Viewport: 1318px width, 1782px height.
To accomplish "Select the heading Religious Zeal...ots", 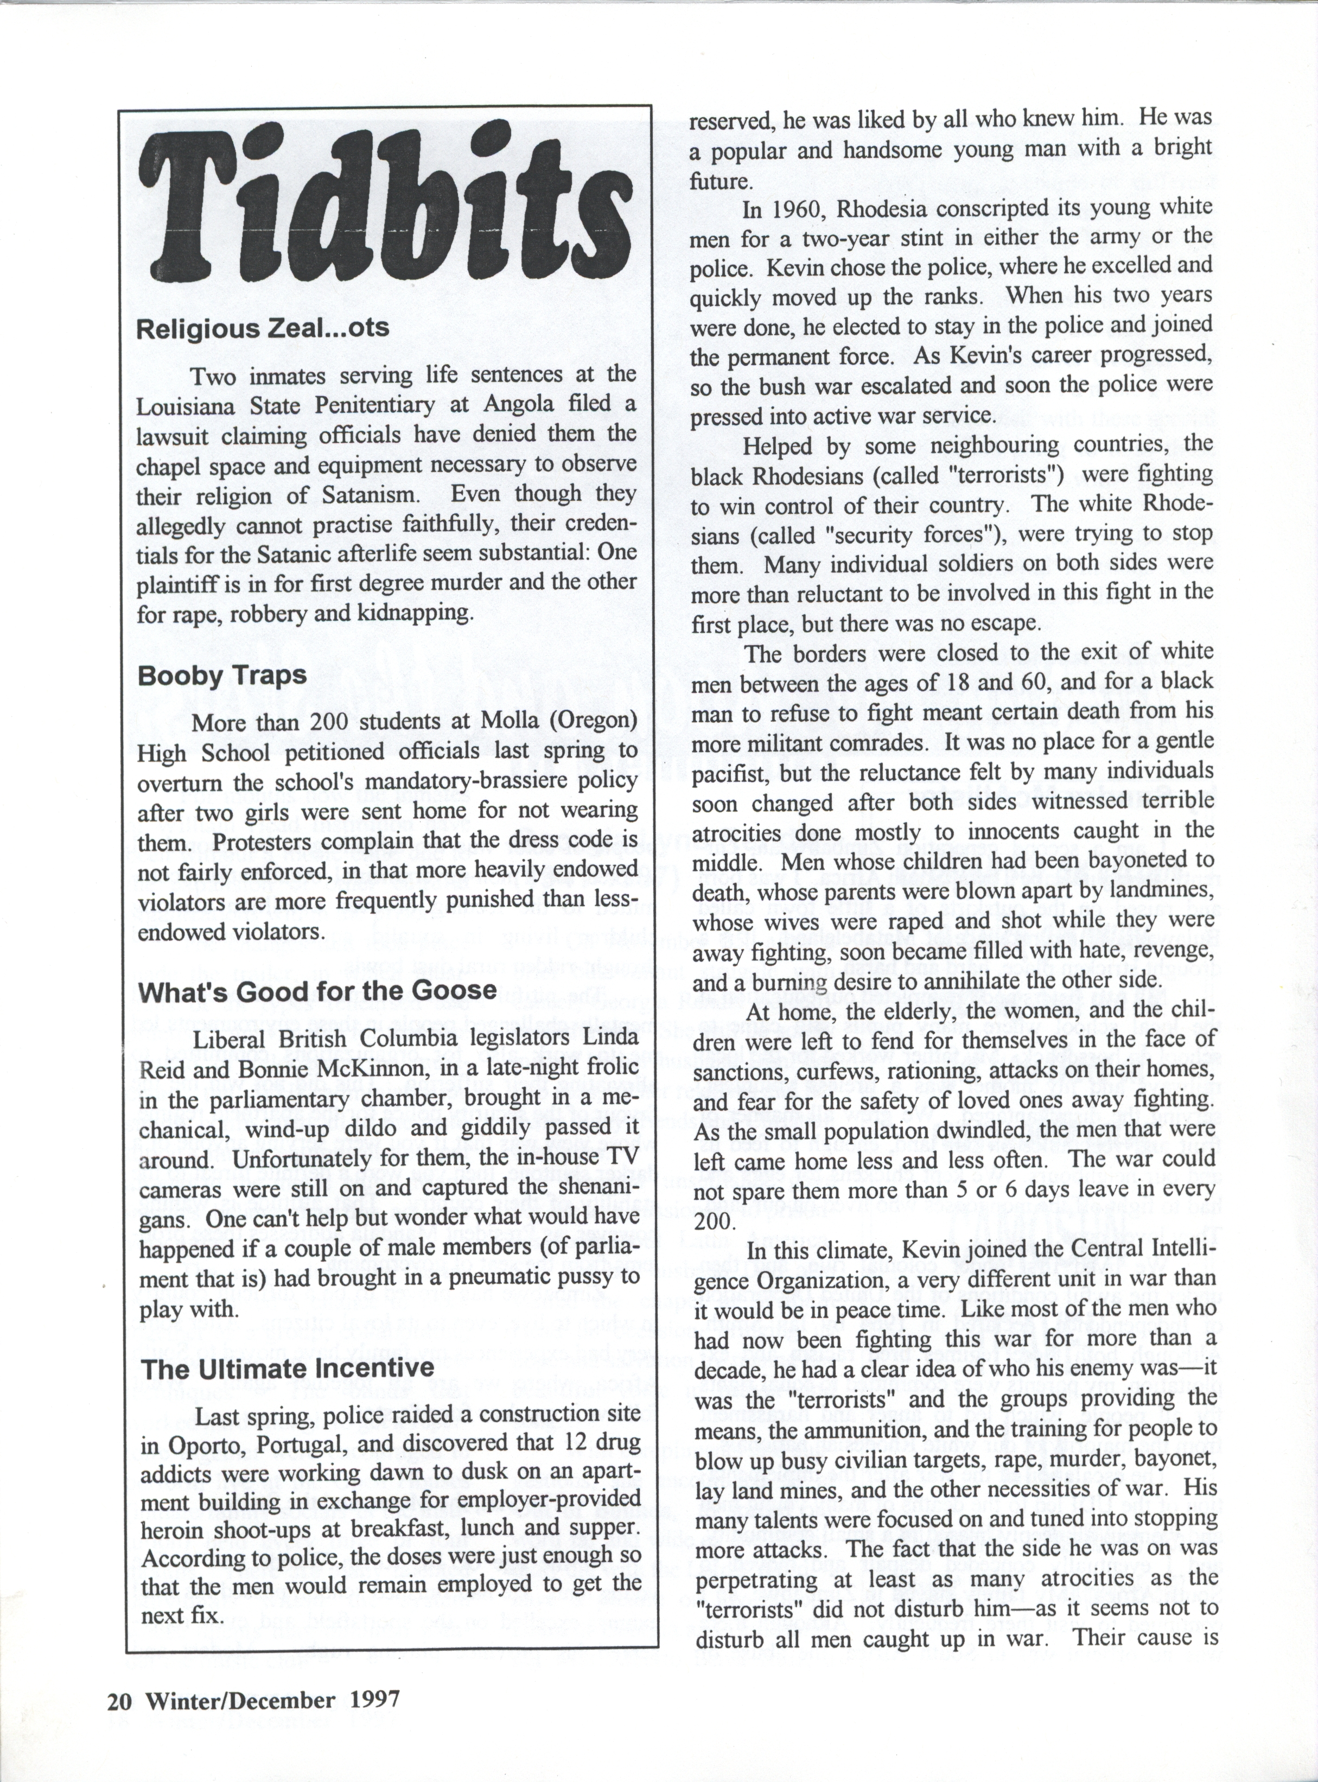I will point(263,329).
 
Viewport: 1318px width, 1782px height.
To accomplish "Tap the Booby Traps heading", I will point(222,675).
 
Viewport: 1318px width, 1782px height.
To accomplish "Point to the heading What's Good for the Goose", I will point(317,991).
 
